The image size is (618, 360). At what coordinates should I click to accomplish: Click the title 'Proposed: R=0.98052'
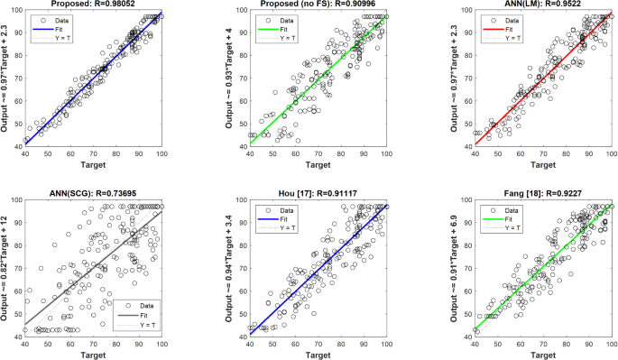(94, 5)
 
